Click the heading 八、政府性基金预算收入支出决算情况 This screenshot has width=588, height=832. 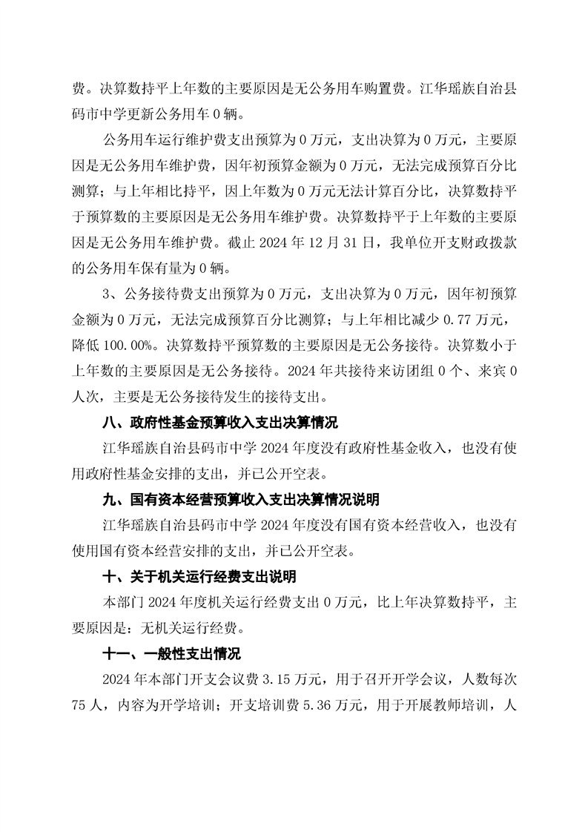tap(219, 423)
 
